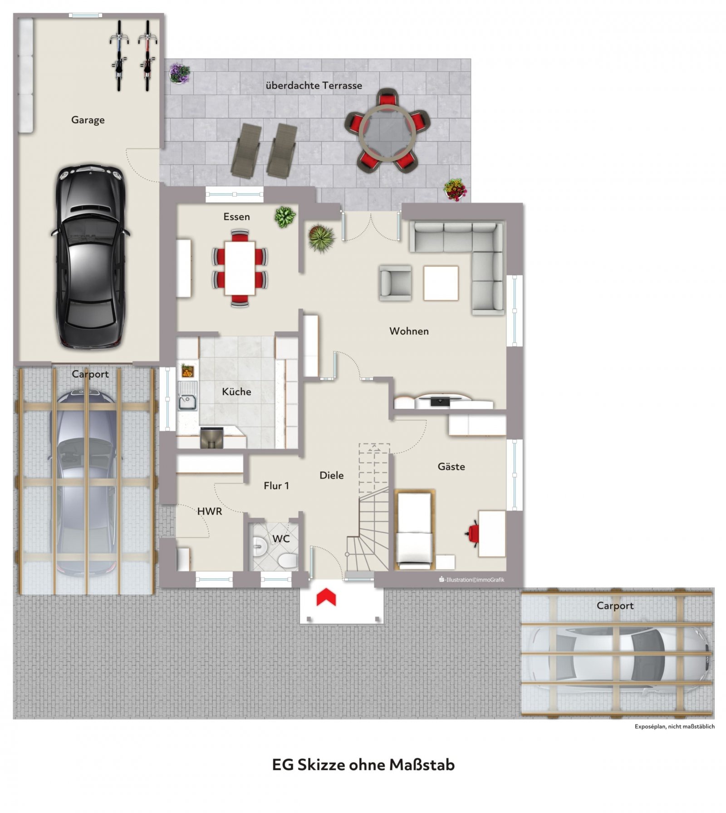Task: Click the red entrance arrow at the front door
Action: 326,596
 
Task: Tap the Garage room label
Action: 88,120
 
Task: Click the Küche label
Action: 236,391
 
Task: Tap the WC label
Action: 281,538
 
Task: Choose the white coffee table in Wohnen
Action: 441,283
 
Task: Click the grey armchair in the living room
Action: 396,283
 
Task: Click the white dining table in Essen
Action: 240,268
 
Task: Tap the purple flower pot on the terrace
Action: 180,73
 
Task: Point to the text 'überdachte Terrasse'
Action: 314,85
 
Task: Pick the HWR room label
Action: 210,512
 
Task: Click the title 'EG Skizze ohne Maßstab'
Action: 363,765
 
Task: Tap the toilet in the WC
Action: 287,562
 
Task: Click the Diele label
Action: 331,475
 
